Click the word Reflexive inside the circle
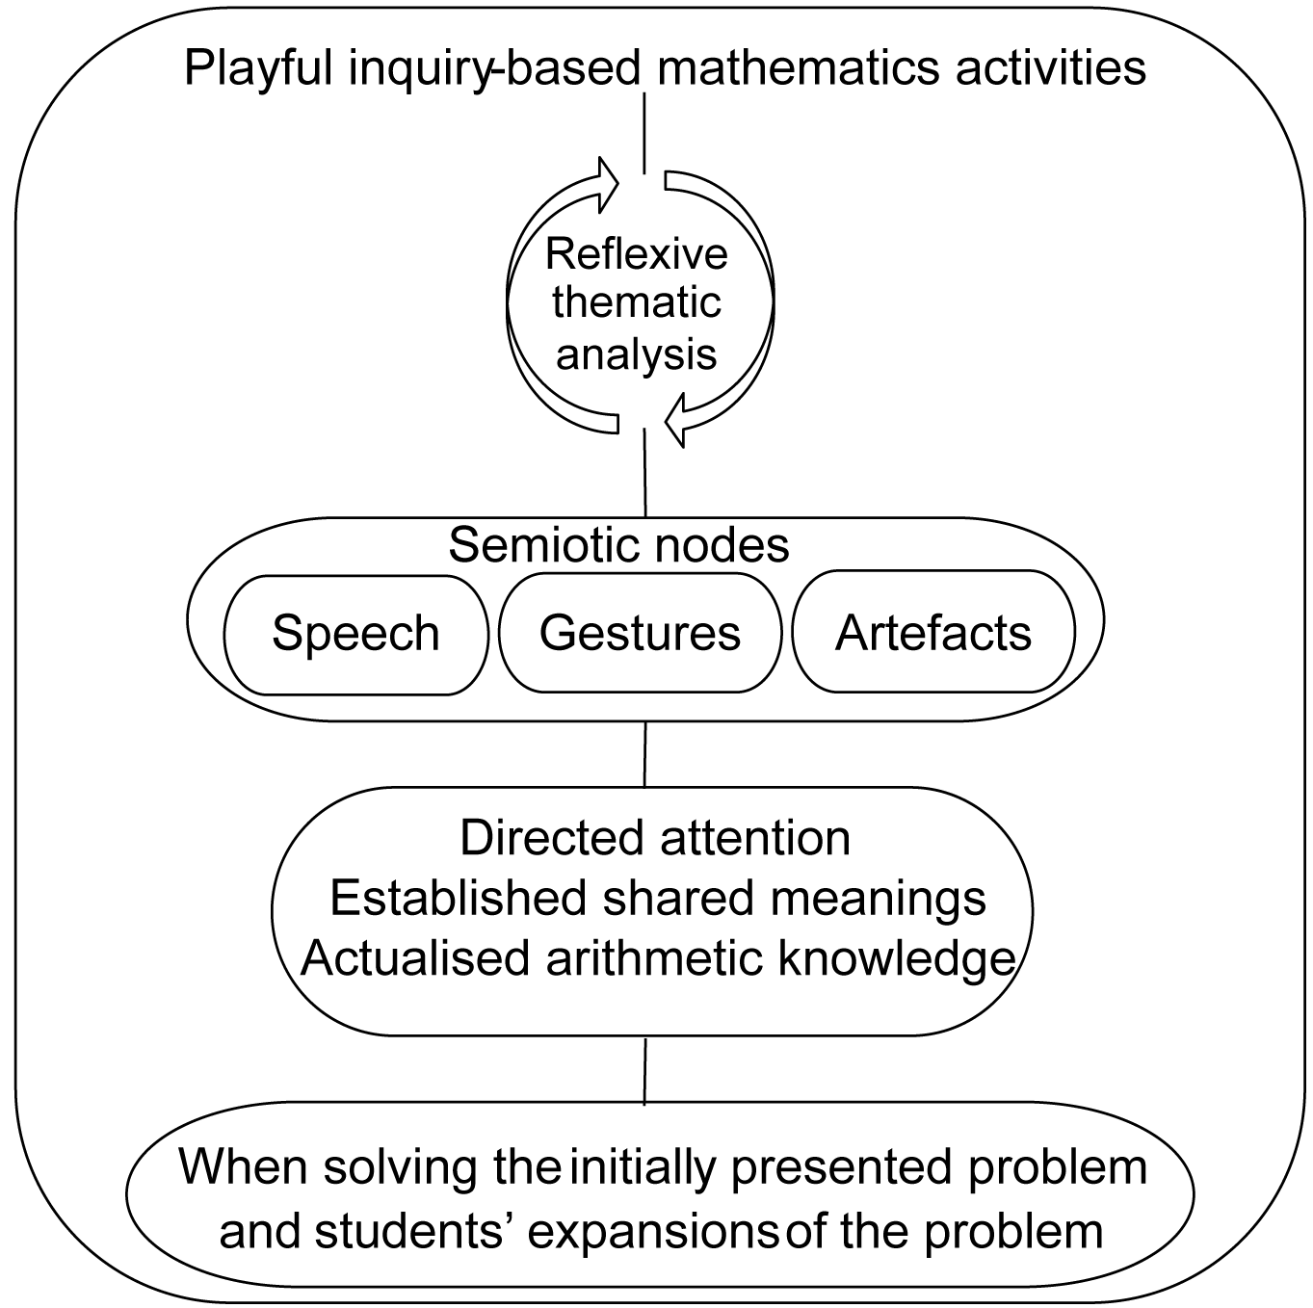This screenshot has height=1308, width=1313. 637,254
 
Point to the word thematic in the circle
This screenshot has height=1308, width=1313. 637,302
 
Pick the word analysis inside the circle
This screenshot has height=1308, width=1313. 637,353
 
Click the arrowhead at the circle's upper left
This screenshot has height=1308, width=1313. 608,183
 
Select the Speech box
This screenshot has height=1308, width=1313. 355,634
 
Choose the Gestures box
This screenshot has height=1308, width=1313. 640,633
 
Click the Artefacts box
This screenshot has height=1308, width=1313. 932,633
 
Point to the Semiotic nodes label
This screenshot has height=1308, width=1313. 618,545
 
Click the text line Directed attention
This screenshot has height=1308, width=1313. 655,838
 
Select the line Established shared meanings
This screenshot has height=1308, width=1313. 658,898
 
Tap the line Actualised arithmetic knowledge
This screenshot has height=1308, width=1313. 658,958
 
